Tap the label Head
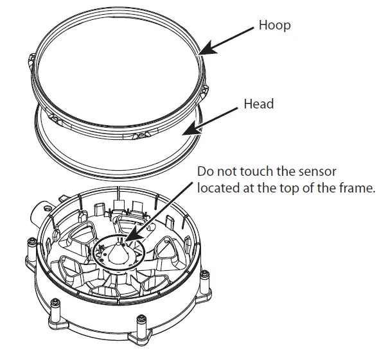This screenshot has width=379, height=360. coord(259,104)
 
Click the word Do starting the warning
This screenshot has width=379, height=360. coord(205,172)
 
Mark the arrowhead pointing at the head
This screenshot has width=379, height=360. coord(186,133)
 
